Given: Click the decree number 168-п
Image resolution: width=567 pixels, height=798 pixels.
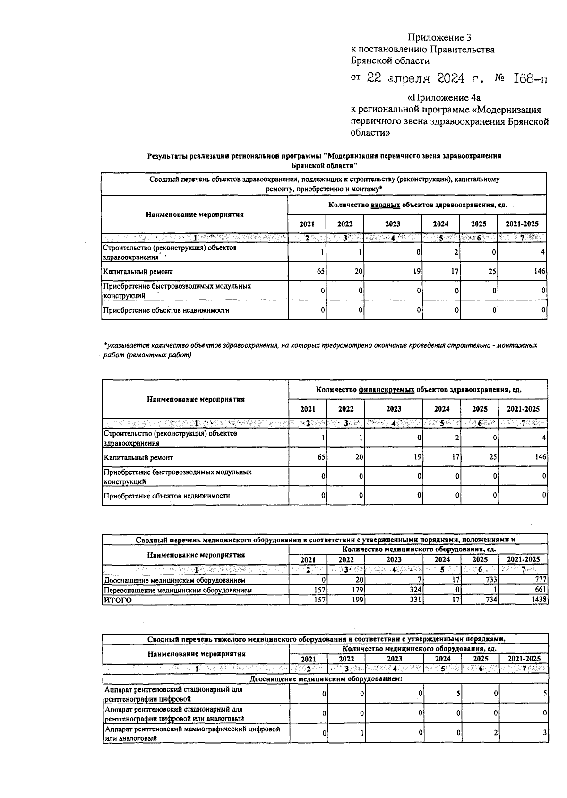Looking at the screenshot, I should pos(530,79).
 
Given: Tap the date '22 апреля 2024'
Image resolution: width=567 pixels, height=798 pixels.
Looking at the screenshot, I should pos(416,79).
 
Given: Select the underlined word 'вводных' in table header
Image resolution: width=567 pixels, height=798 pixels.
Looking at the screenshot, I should pos(385,205).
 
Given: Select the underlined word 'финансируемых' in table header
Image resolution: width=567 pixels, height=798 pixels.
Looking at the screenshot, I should pos(386,390).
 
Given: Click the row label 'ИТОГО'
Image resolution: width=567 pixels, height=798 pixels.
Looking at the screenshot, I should pos(118,600).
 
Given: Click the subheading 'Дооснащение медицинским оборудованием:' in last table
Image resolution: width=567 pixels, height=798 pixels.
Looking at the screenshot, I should pos(326,679).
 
